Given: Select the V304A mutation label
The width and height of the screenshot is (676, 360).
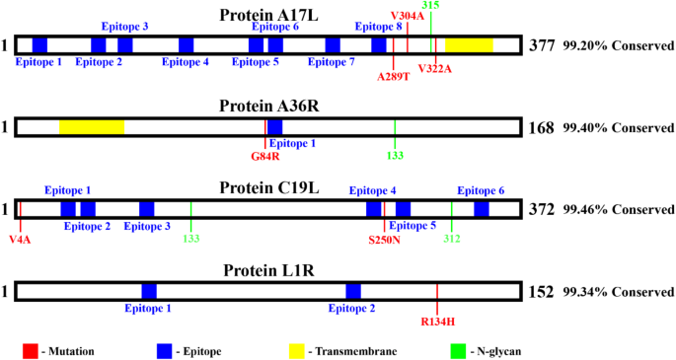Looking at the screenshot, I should coord(408,16).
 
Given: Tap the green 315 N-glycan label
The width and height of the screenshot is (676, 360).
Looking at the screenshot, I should coord(430,6).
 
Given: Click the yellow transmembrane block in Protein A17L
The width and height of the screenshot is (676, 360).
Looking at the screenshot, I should coord(469,44).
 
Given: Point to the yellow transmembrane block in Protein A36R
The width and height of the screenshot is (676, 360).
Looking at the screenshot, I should coord(91,127).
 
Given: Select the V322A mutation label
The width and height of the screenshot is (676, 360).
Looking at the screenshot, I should coord(434,67).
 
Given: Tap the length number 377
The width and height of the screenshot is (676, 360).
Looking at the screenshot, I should coord(542,45).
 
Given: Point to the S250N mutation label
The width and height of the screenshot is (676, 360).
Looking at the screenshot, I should coord(385,238).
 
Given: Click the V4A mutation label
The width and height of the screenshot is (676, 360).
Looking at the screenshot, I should coord(20,238).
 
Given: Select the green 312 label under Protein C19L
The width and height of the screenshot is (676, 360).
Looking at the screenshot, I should coord(452,238).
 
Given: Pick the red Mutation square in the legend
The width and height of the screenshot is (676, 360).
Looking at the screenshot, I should coord(31,349).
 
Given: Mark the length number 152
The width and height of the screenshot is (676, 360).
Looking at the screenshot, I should coord(542,292).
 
